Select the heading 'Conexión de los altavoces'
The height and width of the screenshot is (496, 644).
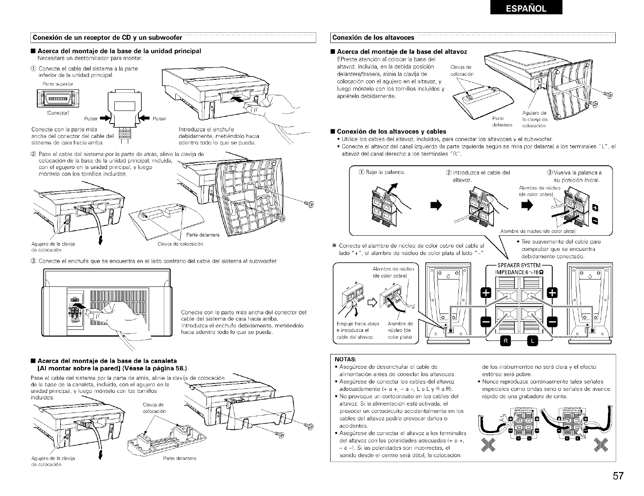tap(373, 38)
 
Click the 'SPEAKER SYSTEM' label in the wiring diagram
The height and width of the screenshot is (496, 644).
tap(519, 265)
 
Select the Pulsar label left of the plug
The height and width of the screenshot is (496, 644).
tap(90, 119)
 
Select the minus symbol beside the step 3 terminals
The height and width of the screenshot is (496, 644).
tap(596, 222)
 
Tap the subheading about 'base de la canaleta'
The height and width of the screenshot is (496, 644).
tap(107, 361)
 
